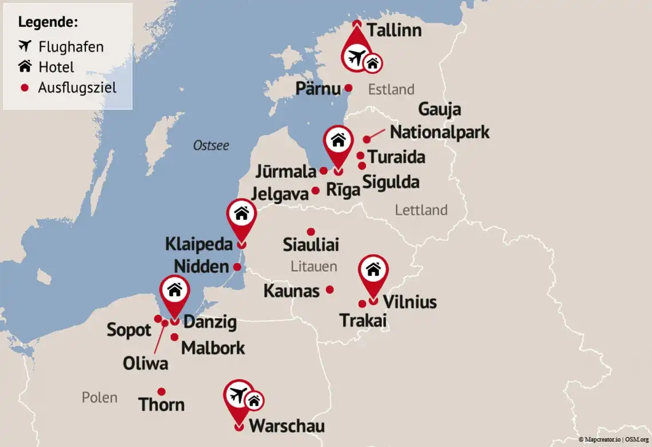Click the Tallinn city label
pos(393,30)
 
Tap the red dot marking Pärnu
pos(348,89)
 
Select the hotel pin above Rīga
pos(338,140)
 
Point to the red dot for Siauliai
pos(311,232)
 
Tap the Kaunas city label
pos(291,291)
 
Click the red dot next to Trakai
pos(362,304)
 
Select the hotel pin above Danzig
pos(174,291)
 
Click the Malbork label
pos(213,347)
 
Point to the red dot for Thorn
pos(161,392)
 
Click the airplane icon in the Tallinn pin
pos(356,57)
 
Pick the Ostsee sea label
pos(211,145)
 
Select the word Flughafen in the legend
pos(71,46)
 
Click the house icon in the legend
pos(25,66)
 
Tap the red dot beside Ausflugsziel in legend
pos(25,88)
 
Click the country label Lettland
pos(421,210)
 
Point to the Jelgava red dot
pos(315,191)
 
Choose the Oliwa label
pos(145,363)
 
